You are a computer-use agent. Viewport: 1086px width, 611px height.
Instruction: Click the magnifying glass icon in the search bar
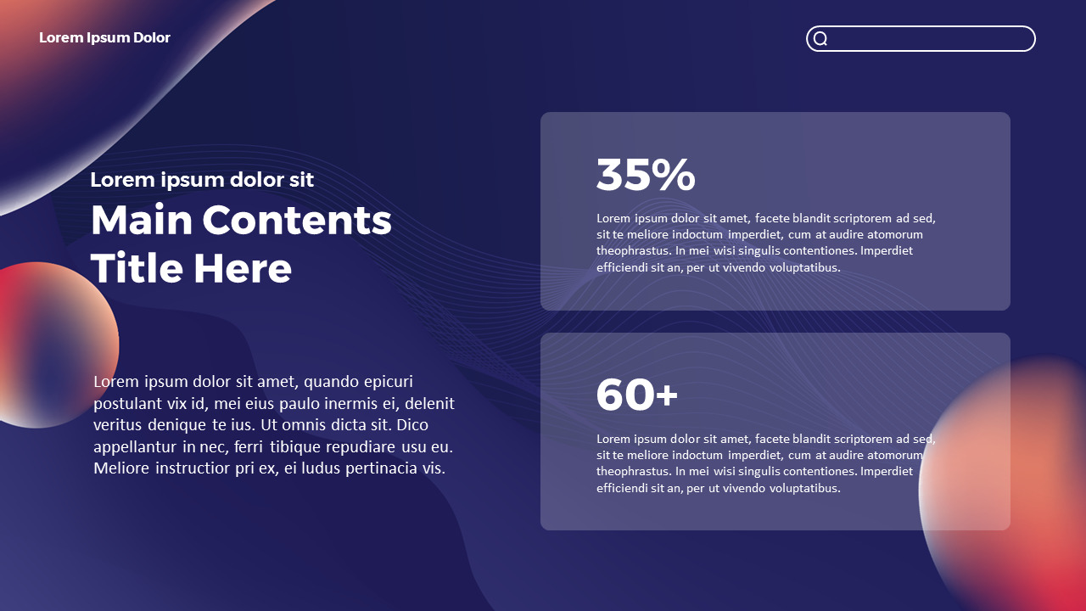click(820, 39)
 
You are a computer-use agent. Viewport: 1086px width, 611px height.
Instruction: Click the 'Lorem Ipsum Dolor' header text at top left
click(104, 37)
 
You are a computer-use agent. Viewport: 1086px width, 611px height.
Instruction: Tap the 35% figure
click(646, 175)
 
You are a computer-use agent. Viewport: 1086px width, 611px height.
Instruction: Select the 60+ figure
click(636, 395)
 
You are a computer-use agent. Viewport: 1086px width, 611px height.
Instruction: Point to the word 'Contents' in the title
click(298, 220)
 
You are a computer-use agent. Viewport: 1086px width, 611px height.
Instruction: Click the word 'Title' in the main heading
click(136, 268)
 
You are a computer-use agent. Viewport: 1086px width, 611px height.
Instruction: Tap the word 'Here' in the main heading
click(243, 268)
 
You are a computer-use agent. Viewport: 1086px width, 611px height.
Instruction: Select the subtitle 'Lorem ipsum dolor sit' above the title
click(202, 180)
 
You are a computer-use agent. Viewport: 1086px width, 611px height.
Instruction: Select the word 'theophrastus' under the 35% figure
click(634, 251)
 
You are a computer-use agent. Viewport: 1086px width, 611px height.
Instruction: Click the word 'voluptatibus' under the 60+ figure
click(804, 488)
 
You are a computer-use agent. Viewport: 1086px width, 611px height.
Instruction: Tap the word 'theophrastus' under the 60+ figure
click(634, 472)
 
